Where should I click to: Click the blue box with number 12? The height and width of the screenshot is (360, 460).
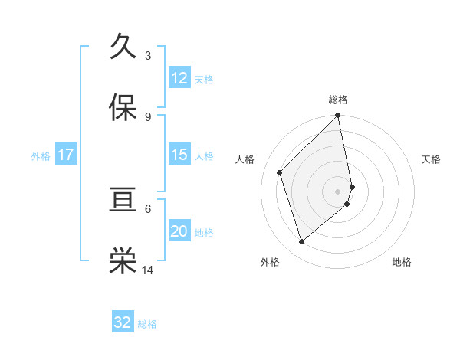point(179,78)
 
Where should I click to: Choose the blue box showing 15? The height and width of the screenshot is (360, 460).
point(179,155)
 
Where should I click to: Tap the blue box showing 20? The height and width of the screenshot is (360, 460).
point(179,231)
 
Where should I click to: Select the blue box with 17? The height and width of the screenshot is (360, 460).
point(66,155)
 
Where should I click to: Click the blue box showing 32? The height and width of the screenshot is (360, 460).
point(123,322)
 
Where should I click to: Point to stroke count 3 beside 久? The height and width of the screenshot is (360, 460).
point(148,55)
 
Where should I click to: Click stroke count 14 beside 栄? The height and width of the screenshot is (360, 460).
point(148,270)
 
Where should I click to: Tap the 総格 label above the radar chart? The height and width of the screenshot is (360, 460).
point(338,100)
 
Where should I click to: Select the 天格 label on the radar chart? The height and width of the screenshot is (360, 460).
point(432,159)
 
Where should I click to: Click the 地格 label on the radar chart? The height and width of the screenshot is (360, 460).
point(402,262)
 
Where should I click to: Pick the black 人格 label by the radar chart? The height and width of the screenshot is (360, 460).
point(245,159)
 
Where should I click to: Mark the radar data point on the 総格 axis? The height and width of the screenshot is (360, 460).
point(338,116)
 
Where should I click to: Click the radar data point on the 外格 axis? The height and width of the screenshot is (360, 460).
point(301,242)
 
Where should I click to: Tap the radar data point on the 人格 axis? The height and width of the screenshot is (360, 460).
point(280,172)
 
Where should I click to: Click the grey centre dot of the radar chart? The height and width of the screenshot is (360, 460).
point(338,191)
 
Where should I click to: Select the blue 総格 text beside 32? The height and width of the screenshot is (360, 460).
point(147,324)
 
